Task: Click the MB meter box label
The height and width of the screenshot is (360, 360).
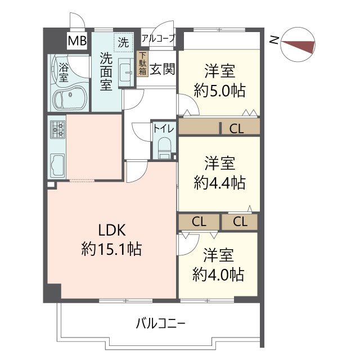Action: click(77, 40)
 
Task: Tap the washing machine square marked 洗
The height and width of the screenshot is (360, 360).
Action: click(124, 43)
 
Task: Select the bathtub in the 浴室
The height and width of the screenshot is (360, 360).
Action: click(70, 98)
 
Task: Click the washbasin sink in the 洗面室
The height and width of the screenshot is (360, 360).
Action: click(126, 73)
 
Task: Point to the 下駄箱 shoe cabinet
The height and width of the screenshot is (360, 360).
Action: click(143, 64)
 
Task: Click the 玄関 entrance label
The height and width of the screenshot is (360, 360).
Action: click(163, 69)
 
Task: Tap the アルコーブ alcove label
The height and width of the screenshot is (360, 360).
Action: click(159, 38)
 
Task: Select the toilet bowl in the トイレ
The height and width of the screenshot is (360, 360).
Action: click(165, 148)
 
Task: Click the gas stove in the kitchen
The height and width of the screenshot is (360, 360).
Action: click(57, 129)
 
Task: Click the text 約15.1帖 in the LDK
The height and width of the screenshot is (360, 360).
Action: click(111, 249)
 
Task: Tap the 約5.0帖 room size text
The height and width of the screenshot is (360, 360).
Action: click(220, 90)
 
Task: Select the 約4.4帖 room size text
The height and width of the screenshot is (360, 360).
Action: click(220, 183)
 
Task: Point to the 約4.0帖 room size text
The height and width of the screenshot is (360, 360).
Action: click(218, 274)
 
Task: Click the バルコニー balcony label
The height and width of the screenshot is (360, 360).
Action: click(160, 324)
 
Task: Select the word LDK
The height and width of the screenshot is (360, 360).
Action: click(112, 230)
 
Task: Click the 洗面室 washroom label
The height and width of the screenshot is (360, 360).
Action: click(106, 71)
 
